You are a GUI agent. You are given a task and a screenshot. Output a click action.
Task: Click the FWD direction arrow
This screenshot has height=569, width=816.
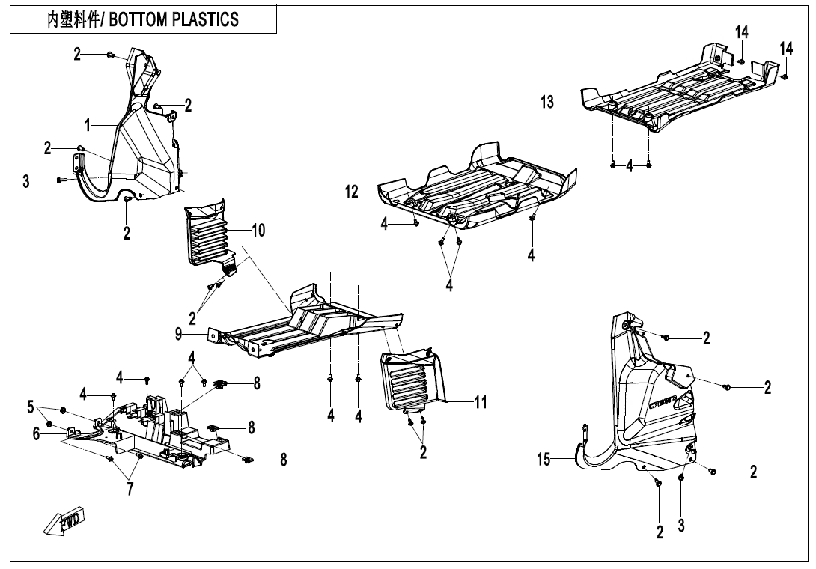(x=64, y=520)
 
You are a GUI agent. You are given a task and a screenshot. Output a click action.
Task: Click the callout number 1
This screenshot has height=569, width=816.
(x=88, y=125)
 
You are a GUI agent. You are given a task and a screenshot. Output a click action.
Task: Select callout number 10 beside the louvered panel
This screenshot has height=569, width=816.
(x=258, y=230)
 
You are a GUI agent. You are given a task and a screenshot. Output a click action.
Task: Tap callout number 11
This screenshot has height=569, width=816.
(x=481, y=402)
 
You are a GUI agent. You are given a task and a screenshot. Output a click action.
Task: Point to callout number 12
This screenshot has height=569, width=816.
(x=352, y=192)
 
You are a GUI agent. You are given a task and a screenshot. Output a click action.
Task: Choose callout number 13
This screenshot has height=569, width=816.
(x=547, y=102)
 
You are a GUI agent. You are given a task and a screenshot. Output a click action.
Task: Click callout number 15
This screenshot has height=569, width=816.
(x=544, y=460)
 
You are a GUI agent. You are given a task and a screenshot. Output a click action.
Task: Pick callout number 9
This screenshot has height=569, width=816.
(x=178, y=334)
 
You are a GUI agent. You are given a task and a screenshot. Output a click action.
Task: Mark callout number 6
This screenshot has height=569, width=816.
(x=37, y=433)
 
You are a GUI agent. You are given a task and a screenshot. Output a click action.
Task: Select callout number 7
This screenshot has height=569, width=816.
(x=130, y=489)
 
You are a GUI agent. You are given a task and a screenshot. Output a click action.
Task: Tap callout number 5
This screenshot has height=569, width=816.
(x=30, y=406)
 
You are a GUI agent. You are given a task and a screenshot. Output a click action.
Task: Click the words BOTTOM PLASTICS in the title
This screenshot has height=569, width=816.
(x=174, y=19)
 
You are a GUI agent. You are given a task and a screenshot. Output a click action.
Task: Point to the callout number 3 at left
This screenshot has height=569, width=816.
(x=26, y=182)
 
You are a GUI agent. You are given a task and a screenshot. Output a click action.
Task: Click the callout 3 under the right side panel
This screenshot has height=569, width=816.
(x=681, y=526)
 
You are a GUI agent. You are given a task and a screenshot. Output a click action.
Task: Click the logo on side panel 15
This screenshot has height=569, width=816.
(x=663, y=403)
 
